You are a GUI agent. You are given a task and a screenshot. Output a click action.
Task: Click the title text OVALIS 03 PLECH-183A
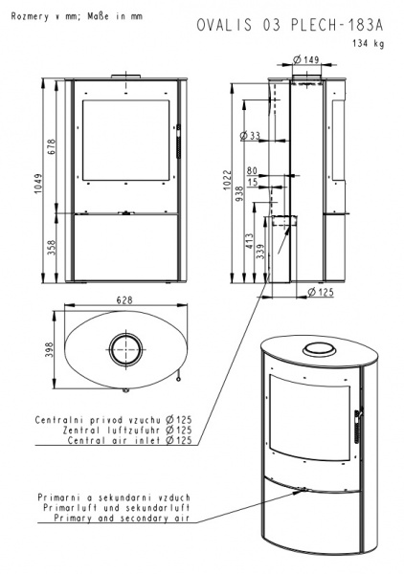click(x=290, y=25)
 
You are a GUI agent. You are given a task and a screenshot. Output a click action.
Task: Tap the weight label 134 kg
click(x=369, y=43)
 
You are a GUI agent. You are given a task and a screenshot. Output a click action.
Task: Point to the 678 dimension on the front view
click(x=52, y=146)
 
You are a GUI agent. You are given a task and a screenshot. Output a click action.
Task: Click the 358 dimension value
click(x=52, y=248)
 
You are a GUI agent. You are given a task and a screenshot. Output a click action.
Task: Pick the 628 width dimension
click(x=124, y=300)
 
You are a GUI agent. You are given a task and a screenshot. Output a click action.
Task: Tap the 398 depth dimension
click(x=50, y=349)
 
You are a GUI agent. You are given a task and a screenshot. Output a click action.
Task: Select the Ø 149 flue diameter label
click(x=306, y=59)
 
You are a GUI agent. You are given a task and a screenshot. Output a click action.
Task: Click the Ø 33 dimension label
click(x=250, y=136)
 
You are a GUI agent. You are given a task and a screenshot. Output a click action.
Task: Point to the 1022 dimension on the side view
click(x=228, y=180)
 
